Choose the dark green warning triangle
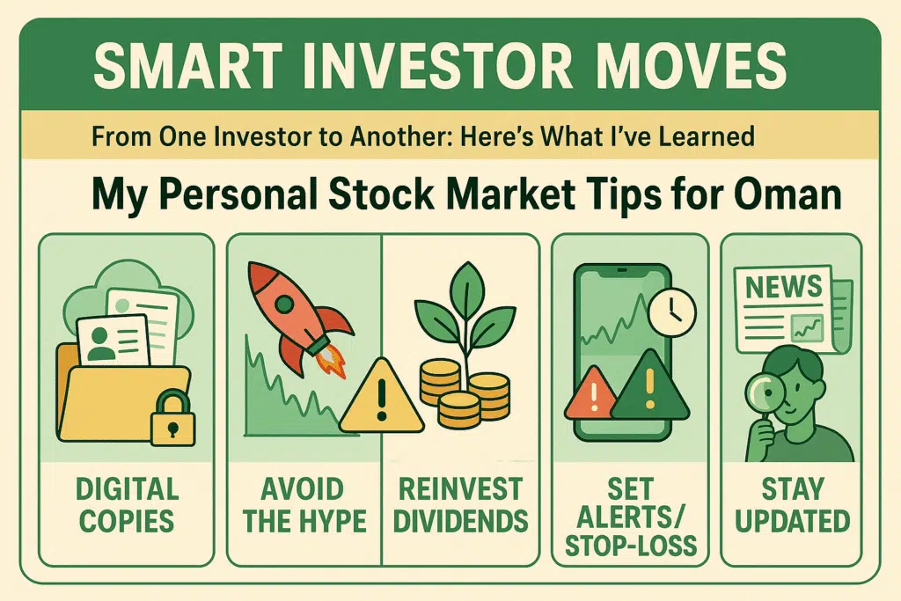[649, 385]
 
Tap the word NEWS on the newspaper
[783, 286]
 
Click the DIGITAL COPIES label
[127, 505]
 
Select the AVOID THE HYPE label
[304, 505]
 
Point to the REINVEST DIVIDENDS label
[461, 505]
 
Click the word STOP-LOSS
[630, 546]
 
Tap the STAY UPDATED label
[792, 505]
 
